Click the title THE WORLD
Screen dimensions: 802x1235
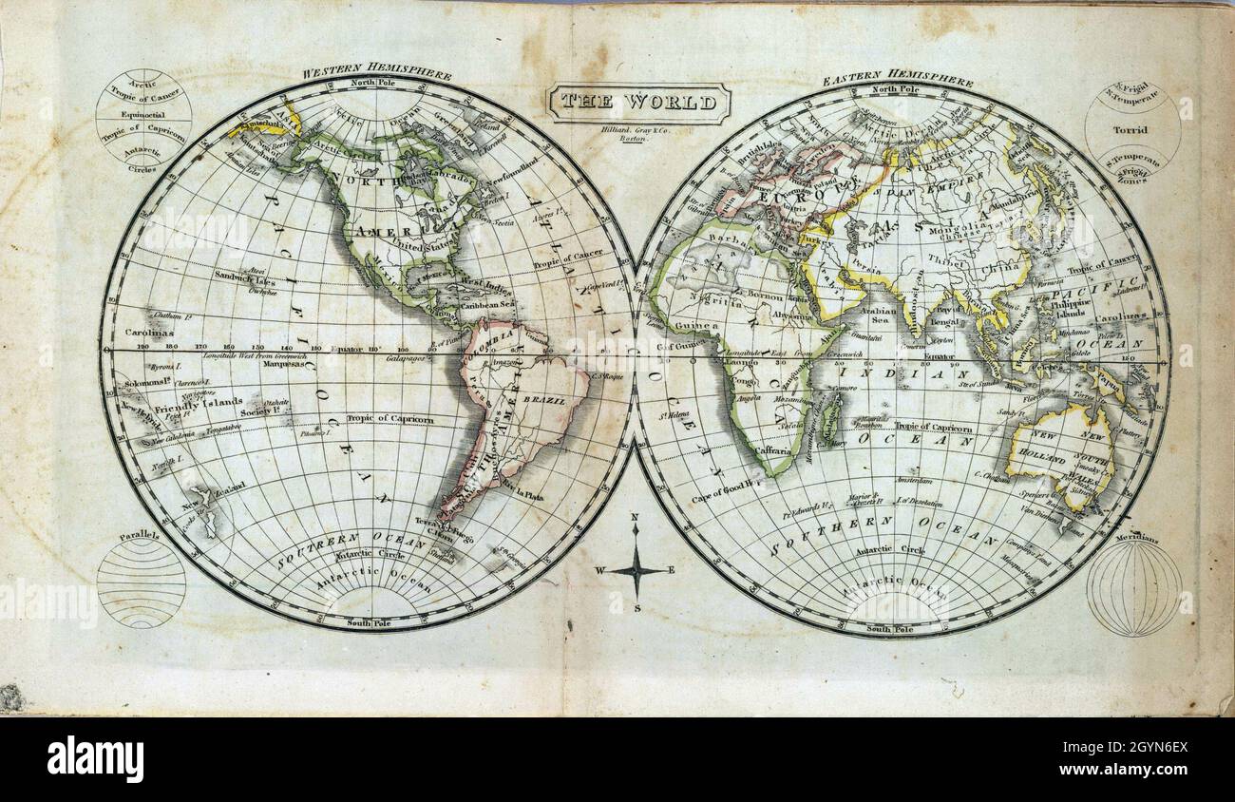coord(638,102)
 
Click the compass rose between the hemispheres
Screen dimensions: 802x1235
coord(636,570)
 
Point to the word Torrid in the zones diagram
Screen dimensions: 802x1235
coord(1130,129)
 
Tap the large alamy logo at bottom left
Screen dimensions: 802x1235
coord(95,758)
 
